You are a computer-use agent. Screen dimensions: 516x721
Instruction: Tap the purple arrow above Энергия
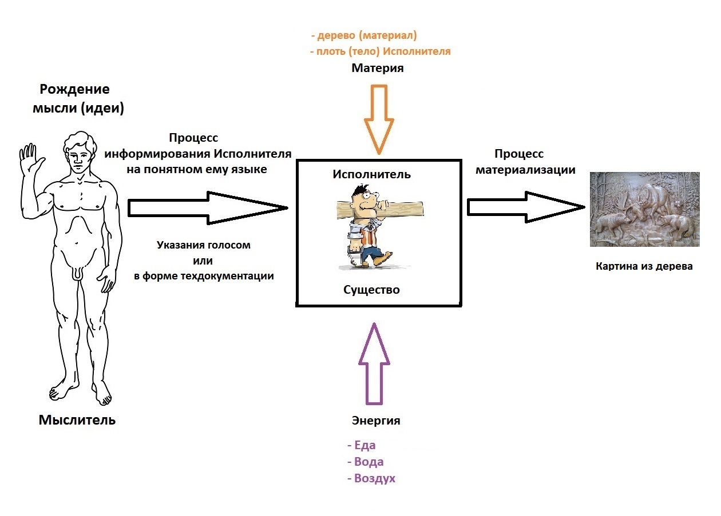click(373, 363)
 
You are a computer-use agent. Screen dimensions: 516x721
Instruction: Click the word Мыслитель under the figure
click(77, 420)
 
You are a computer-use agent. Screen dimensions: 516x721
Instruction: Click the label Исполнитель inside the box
click(371, 174)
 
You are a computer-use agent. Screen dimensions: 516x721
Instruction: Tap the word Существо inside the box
click(371, 290)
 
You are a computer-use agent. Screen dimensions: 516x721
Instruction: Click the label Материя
click(377, 68)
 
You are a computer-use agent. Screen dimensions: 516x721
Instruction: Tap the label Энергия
click(375, 421)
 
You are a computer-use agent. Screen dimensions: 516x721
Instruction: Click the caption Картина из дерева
click(644, 266)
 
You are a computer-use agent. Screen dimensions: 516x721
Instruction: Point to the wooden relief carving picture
click(644, 209)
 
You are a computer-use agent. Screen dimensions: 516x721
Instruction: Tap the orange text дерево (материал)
click(366, 35)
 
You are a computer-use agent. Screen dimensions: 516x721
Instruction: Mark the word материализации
click(526, 170)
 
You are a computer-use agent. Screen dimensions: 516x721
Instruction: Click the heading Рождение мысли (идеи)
click(82, 99)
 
